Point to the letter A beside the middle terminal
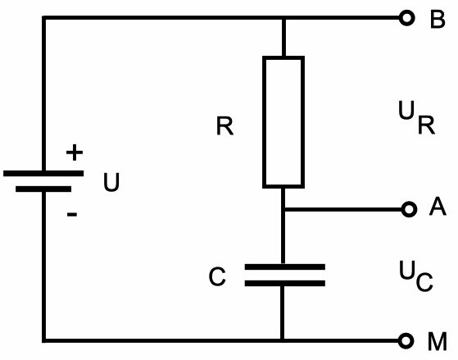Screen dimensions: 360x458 [x=438, y=209]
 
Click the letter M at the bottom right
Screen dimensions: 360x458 [x=438, y=339]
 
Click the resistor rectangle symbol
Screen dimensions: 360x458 [x=283, y=121]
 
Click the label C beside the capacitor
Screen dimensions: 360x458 [x=216, y=278]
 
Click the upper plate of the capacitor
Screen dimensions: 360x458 [x=283, y=267]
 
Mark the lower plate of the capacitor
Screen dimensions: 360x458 [x=283, y=284]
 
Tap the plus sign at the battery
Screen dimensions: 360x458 [x=74, y=153]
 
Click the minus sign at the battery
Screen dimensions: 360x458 [x=72, y=215]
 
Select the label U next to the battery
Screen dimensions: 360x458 [x=111, y=183]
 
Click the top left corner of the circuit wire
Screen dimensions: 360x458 [x=43, y=19]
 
